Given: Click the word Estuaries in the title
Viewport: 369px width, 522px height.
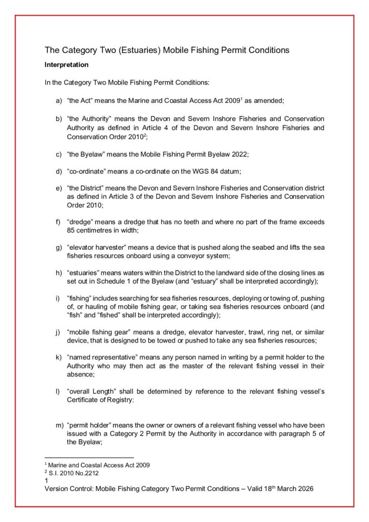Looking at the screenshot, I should click(138, 50).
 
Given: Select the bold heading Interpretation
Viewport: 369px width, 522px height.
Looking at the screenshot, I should click(67, 65).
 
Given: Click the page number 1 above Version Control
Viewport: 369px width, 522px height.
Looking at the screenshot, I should click(47, 480).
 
